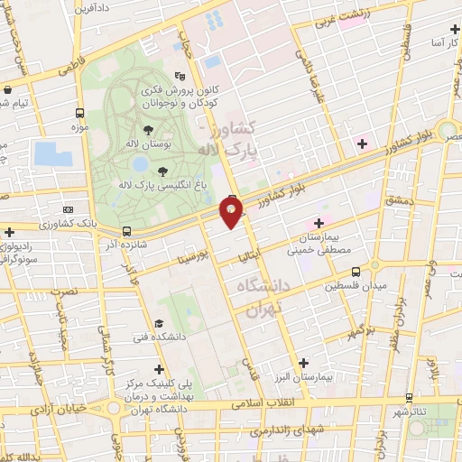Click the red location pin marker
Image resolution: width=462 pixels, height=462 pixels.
[x=232, y=212]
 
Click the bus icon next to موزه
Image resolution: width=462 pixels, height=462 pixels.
[x=80, y=114]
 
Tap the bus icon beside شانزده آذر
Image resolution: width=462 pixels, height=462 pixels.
[x=126, y=231]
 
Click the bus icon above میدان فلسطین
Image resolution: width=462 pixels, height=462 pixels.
[x=356, y=270]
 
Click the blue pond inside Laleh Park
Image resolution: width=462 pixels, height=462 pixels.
[x=140, y=165]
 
